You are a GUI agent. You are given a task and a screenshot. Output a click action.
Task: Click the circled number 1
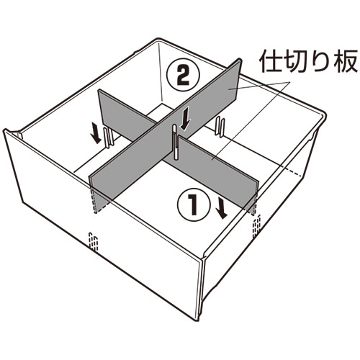click(x=194, y=204)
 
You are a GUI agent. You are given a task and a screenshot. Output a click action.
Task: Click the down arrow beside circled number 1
click(x=221, y=207)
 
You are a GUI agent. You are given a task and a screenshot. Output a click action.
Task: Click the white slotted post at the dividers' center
click(x=176, y=141)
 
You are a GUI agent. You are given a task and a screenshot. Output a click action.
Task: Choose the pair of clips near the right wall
click(x=220, y=127)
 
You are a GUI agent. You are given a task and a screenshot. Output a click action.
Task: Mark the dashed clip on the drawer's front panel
click(x=94, y=242)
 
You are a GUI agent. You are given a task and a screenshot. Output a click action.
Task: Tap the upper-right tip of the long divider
click(x=239, y=58)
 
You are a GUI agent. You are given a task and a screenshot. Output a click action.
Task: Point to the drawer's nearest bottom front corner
click(x=197, y=319)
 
